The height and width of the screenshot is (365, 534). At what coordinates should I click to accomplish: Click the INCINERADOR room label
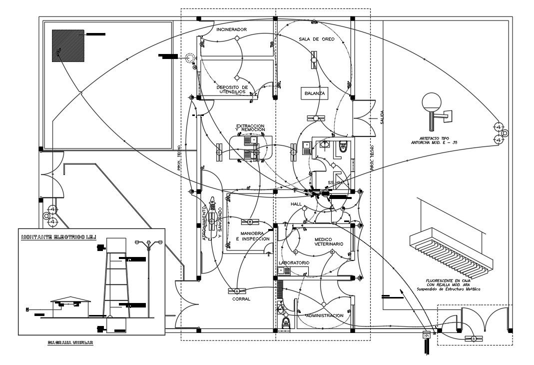click(231, 30)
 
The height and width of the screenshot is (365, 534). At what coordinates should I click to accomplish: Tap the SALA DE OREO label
click(313, 39)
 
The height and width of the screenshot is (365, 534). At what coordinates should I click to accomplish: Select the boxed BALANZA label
click(315, 93)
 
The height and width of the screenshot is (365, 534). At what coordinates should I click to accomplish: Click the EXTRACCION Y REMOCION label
click(250, 128)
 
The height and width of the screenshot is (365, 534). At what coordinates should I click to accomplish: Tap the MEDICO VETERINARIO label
click(329, 241)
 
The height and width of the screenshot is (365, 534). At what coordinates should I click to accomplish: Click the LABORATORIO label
click(294, 263)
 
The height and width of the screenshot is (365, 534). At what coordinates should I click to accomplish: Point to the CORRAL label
click(241, 299)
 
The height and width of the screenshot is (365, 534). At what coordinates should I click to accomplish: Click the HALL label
click(297, 204)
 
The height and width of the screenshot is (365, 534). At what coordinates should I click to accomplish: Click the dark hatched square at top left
click(68, 45)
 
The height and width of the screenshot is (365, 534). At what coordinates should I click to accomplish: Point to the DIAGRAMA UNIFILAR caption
click(70, 343)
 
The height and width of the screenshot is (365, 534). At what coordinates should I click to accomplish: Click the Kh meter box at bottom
click(426, 335)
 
